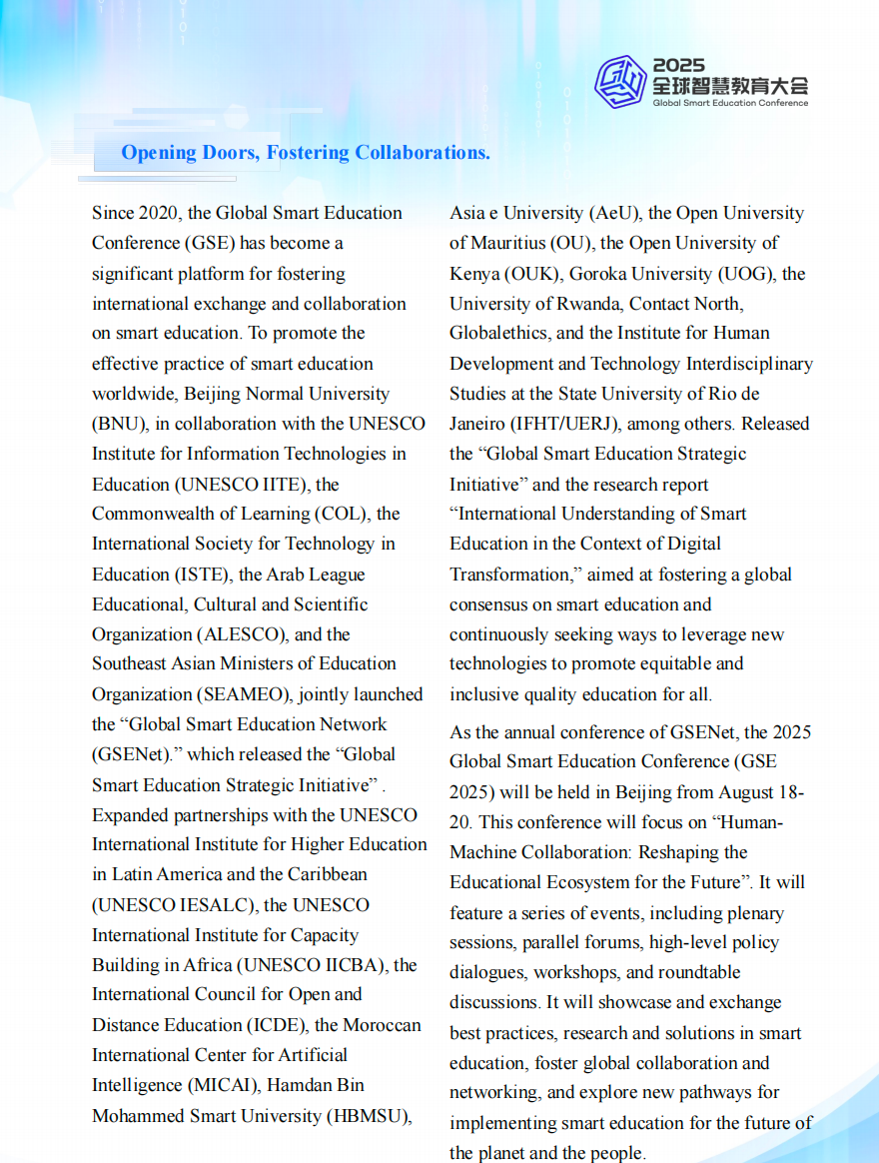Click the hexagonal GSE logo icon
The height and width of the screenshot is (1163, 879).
[x=619, y=81]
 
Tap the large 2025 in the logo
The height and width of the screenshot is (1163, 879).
[x=679, y=65]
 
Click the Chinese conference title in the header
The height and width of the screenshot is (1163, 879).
[x=730, y=85]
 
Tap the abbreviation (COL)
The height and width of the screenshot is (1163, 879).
[x=370, y=514]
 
